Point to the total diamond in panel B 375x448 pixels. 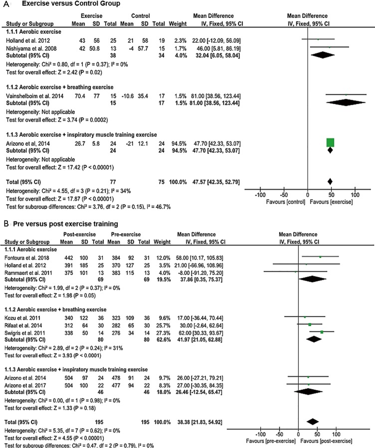point(313,422)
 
